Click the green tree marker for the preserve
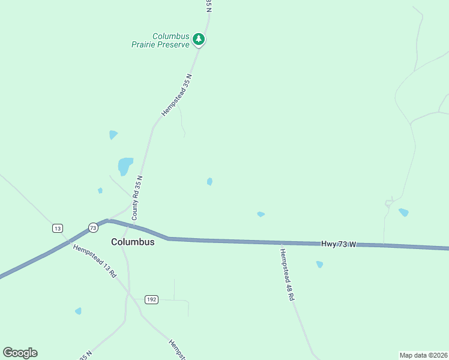199,40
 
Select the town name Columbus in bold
133,242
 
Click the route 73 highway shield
92,227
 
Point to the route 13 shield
57,229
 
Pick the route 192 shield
151,299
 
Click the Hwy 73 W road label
339,244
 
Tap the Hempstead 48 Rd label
288,275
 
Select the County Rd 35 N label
137,197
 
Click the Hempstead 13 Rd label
94,261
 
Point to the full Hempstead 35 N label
176,95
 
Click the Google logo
20,353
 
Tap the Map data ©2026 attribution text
423,355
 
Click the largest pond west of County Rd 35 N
125,165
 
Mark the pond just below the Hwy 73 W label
319,264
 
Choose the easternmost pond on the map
403,212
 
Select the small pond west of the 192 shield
78,311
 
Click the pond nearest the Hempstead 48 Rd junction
261,214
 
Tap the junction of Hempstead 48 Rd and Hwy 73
281,242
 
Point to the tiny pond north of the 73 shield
100,191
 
